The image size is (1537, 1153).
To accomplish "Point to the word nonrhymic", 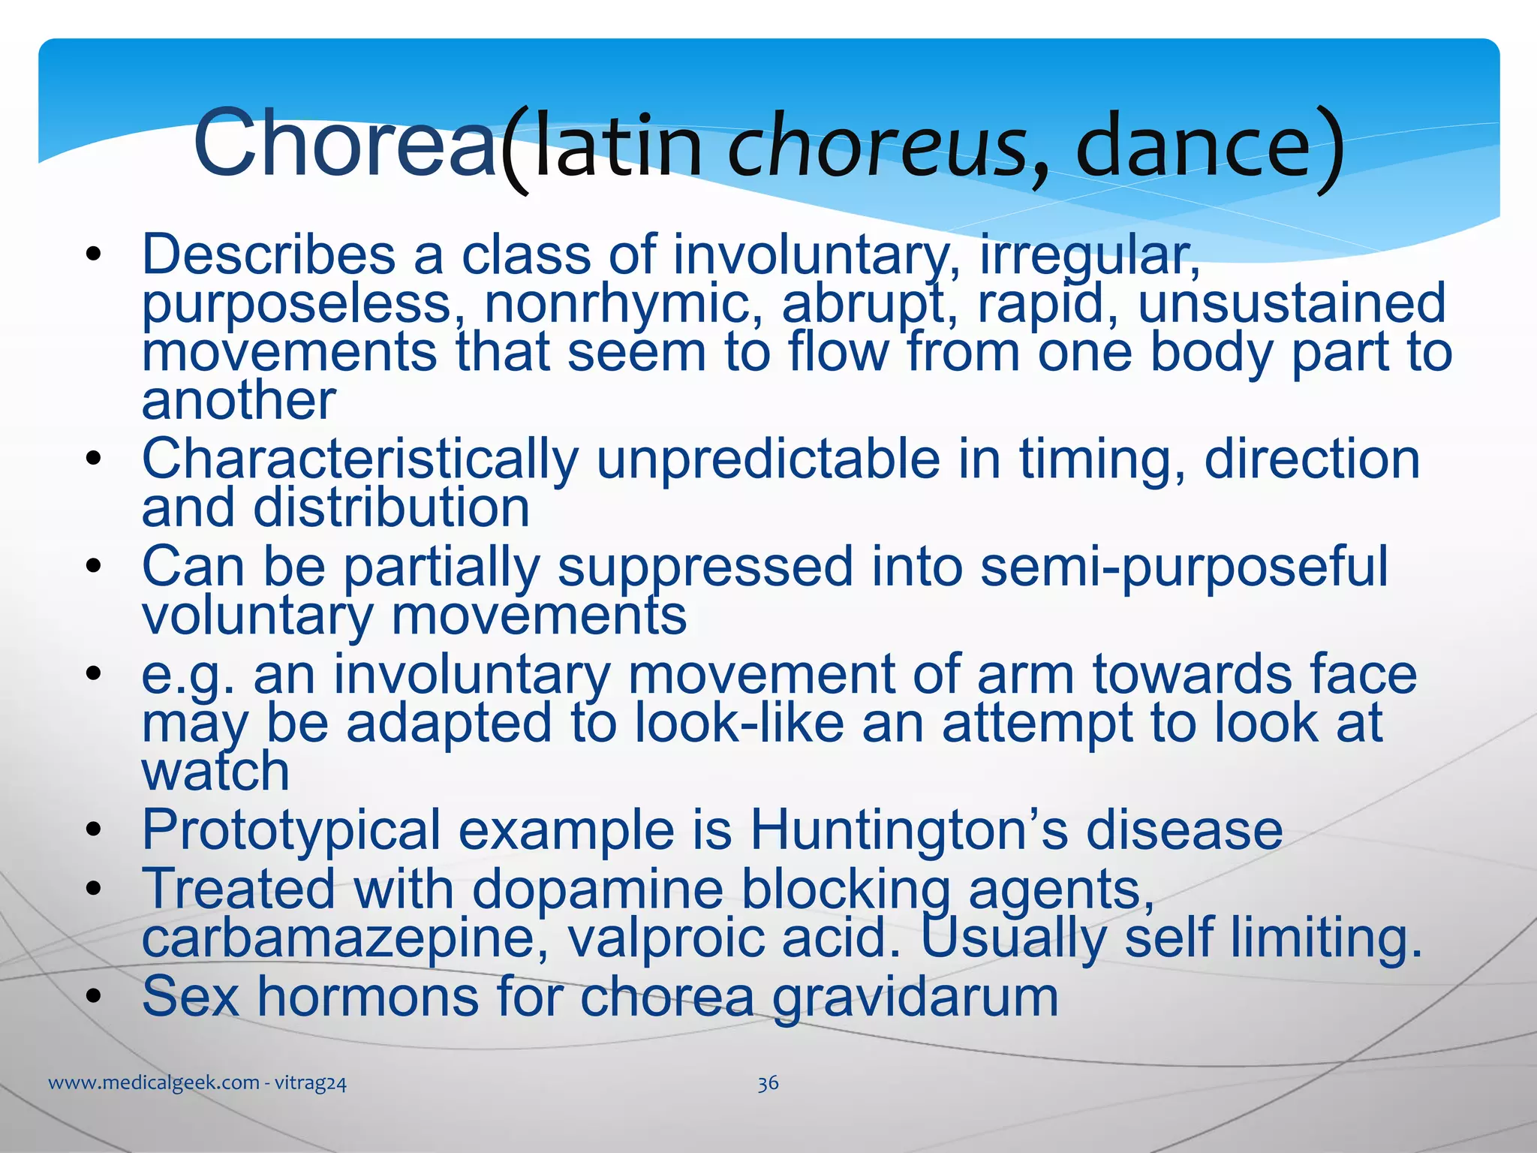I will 623,303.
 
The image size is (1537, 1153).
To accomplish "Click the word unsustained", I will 1292,303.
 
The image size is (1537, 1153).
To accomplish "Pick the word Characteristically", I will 360,459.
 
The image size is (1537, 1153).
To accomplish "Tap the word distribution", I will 391,508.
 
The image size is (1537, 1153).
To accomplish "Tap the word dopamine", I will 597,890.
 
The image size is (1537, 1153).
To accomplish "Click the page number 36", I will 768,1083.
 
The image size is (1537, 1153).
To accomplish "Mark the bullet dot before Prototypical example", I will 93,830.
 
